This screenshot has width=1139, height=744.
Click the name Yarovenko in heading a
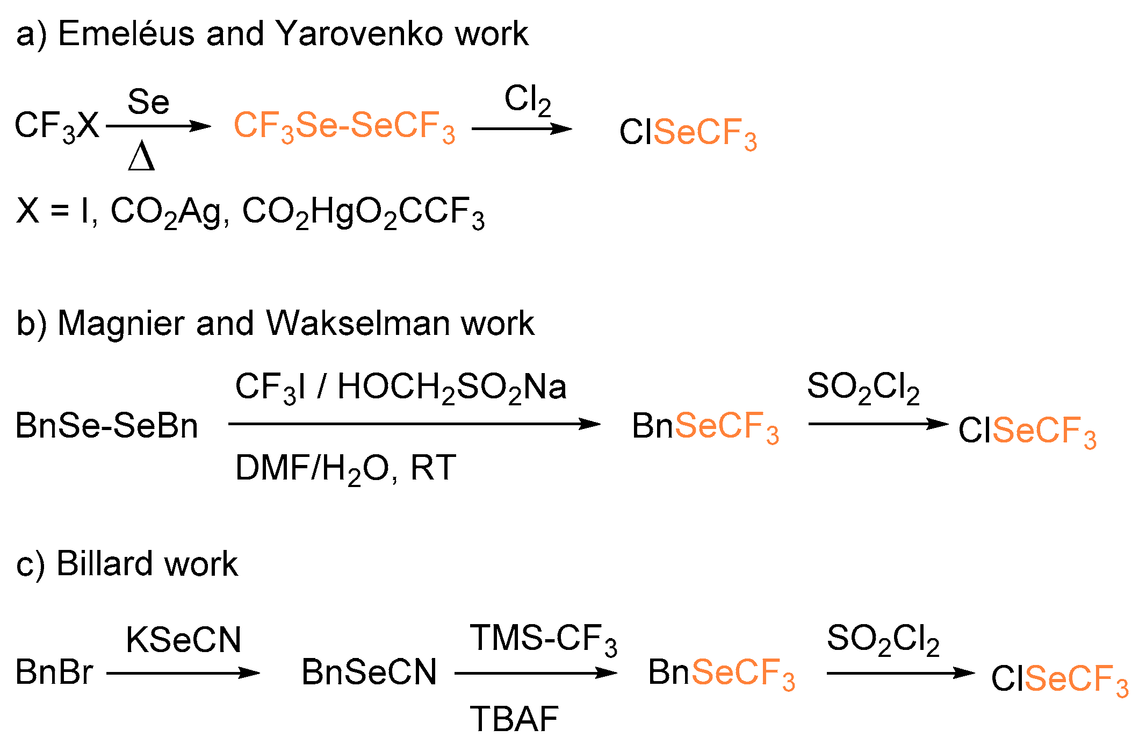(358, 33)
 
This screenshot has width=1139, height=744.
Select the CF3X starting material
(57, 127)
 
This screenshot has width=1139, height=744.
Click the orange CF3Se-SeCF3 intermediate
(344, 127)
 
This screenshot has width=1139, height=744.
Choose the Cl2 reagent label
(527, 100)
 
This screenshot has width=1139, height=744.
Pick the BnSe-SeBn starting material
(106, 425)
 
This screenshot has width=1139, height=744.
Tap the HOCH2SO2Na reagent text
(451, 387)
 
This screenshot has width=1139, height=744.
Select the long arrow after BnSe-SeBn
(414, 424)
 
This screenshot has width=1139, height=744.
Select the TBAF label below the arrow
(514, 719)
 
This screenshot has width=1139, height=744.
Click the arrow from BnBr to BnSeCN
(183, 673)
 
